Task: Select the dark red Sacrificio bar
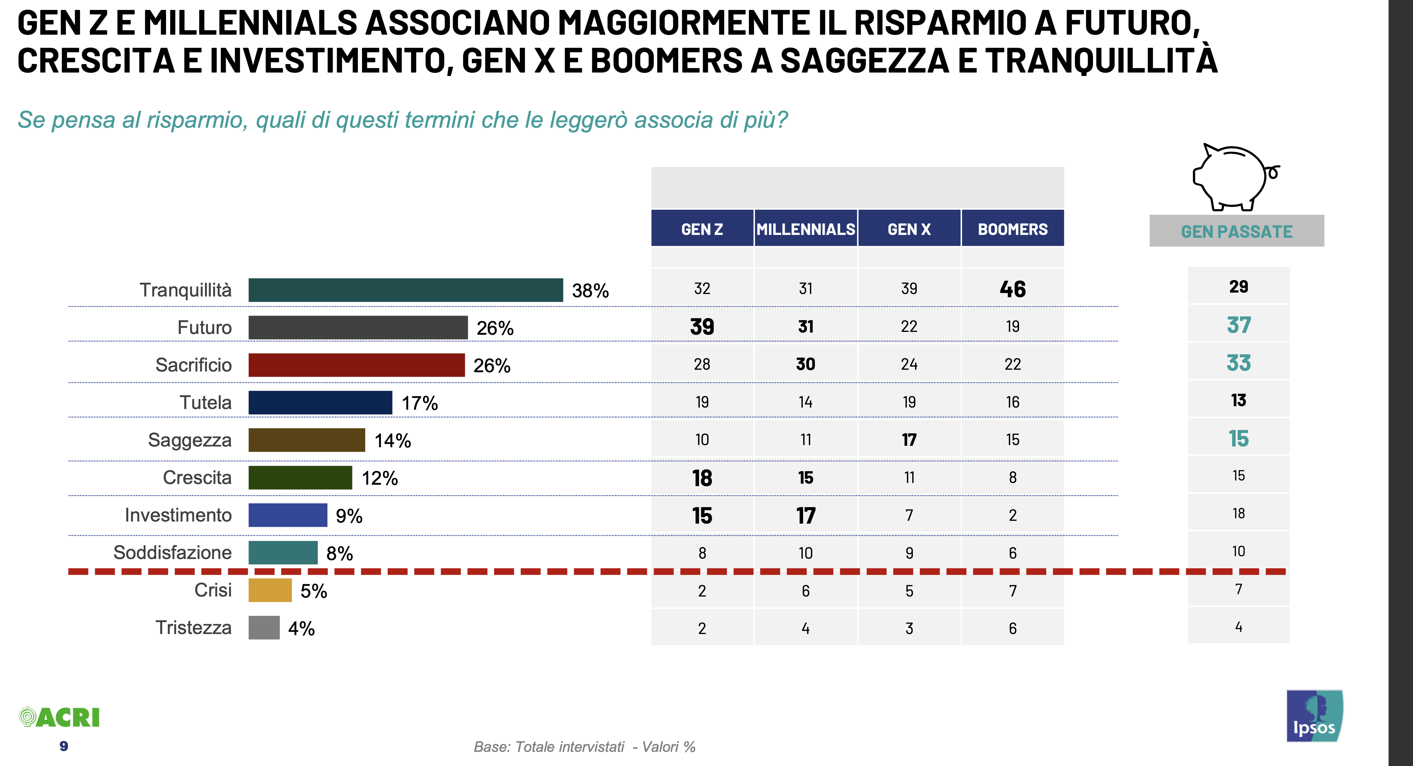(356, 365)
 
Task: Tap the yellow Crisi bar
(270, 591)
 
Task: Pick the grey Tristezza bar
(264, 628)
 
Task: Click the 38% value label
(590, 290)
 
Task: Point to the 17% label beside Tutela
(420, 403)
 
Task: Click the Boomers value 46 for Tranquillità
(1013, 289)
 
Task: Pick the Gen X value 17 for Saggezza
(909, 440)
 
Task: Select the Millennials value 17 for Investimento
(805, 516)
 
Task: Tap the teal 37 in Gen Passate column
(1238, 325)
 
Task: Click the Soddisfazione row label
(172, 553)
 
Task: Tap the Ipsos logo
(1314, 716)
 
